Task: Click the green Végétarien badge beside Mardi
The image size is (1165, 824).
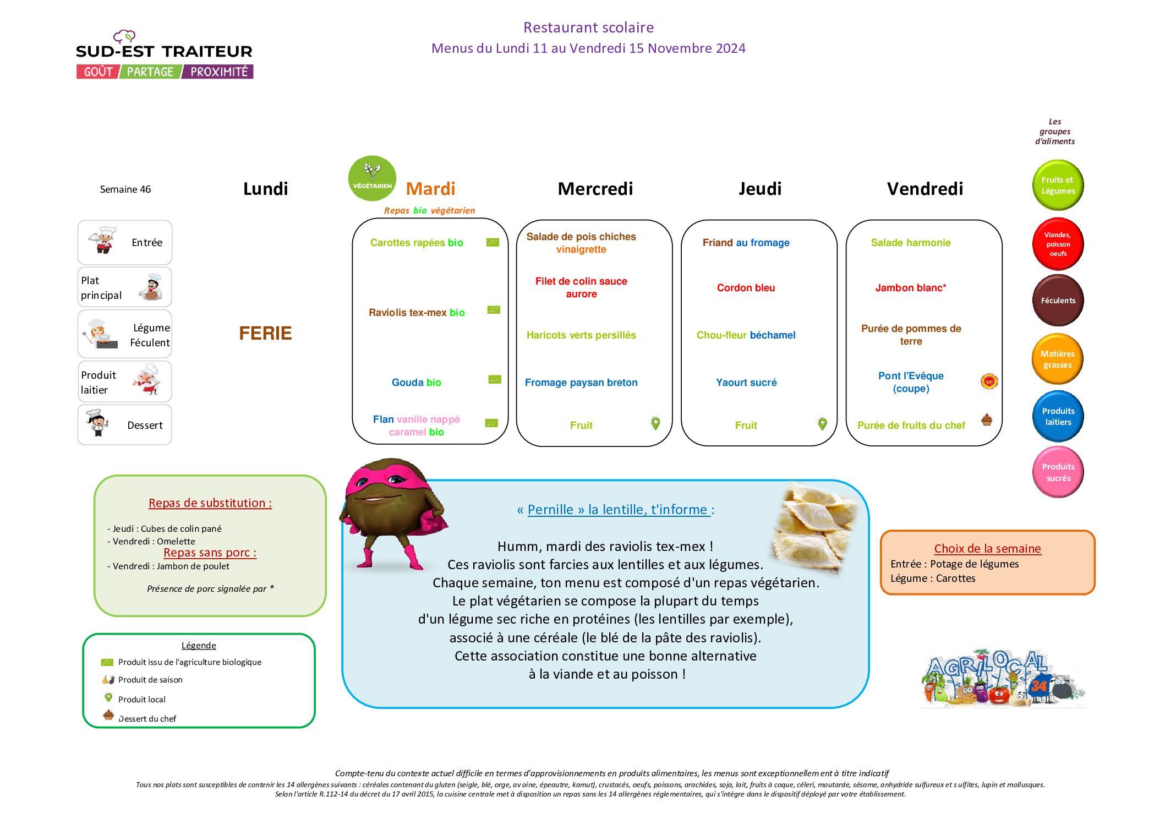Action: pyautogui.click(x=372, y=179)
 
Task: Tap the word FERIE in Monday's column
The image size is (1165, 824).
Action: pyautogui.click(x=265, y=333)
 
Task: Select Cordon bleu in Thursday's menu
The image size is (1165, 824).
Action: pyautogui.click(x=746, y=288)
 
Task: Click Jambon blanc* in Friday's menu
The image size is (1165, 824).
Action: pyautogui.click(x=911, y=288)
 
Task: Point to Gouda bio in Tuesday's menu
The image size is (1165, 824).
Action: pyautogui.click(x=416, y=383)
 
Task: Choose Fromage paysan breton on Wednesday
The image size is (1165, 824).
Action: pyautogui.click(x=581, y=383)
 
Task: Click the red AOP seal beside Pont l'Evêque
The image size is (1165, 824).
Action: pyautogui.click(x=989, y=381)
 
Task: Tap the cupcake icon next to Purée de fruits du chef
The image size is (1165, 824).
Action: pyautogui.click(x=987, y=420)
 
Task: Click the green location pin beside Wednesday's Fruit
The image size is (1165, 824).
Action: pyautogui.click(x=655, y=423)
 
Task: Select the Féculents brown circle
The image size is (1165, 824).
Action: pyautogui.click(x=1058, y=301)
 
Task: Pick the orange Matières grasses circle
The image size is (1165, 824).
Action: pyautogui.click(x=1058, y=359)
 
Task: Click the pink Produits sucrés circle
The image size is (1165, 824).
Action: pyautogui.click(x=1058, y=472)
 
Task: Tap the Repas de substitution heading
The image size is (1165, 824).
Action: pyautogui.click(x=210, y=503)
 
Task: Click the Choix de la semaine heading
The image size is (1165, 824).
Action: pyautogui.click(x=987, y=549)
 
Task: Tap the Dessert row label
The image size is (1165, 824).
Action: pyautogui.click(x=145, y=425)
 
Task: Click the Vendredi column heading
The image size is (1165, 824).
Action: pyautogui.click(x=925, y=189)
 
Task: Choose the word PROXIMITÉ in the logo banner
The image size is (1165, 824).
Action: pyautogui.click(x=219, y=72)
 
